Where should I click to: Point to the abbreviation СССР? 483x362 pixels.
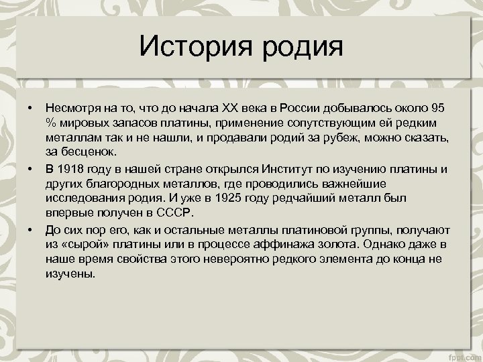[172, 214]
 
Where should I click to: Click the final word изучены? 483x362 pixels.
[70, 273]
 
